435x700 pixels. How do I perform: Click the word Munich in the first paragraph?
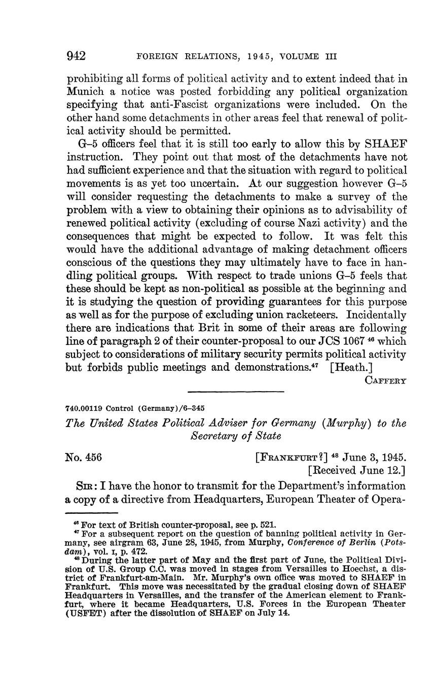click(84, 92)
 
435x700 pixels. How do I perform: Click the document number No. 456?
click(84, 457)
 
